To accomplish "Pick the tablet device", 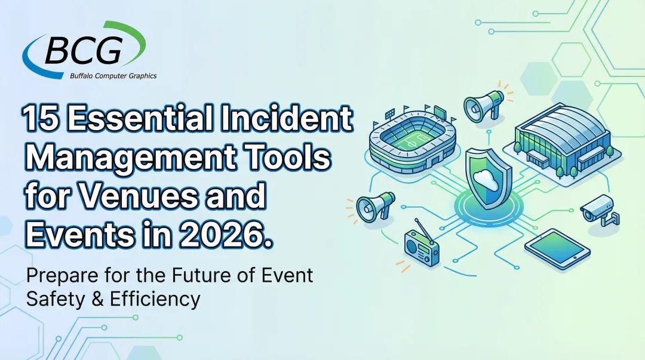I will pyautogui.click(x=557, y=245).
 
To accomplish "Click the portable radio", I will pyautogui.click(x=421, y=245).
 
